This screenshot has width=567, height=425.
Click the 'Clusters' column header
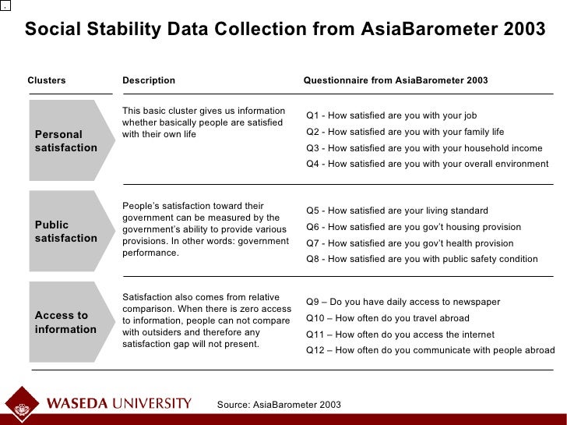[x=47, y=80]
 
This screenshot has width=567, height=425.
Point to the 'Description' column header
[x=149, y=80]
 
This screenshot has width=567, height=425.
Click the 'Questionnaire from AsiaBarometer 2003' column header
[x=395, y=80]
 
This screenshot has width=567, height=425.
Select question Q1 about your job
[x=391, y=116]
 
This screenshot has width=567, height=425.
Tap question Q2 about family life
[x=405, y=132]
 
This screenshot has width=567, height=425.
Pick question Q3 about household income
[x=424, y=148]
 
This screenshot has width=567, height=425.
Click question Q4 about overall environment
[x=427, y=164]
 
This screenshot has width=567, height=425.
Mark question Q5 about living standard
[x=397, y=211]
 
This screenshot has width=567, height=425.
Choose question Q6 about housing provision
[x=414, y=227]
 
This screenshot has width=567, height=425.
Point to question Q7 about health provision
[x=410, y=243]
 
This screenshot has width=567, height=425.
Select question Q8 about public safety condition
[x=421, y=259]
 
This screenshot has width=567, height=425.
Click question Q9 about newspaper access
[x=403, y=302]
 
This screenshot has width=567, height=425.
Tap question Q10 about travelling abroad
[x=388, y=318]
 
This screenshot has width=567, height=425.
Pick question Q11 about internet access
[x=400, y=335]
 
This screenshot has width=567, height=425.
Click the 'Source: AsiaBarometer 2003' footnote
[x=279, y=405]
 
